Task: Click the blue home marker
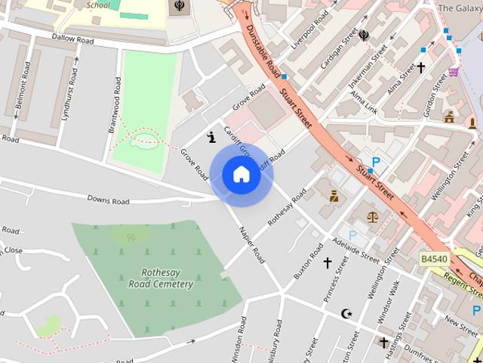tap(241, 175)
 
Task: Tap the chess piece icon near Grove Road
tap(211, 137)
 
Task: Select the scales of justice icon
tap(373, 216)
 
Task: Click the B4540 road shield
tap(434, 259)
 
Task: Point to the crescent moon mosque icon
tap(346, 313)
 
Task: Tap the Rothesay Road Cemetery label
tap(167, 278)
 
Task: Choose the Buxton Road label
tap(308, 261)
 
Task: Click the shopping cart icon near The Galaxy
tap(454, 72)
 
